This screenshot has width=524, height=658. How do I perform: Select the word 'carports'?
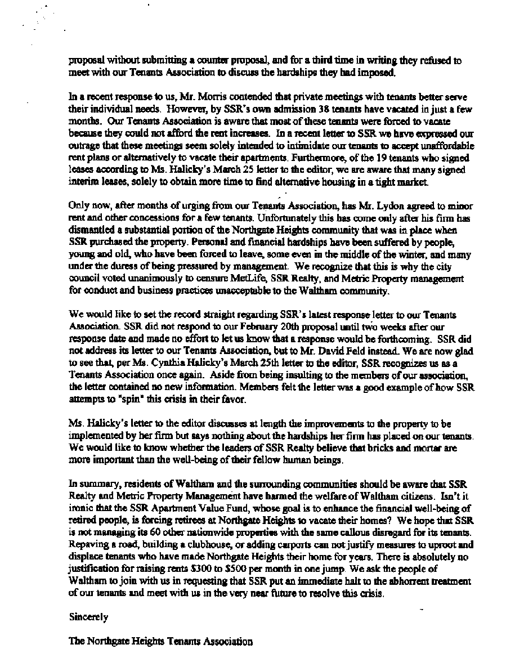click(x=275, y=545)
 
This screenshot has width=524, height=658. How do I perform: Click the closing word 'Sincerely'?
click(x=88, y=617)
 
